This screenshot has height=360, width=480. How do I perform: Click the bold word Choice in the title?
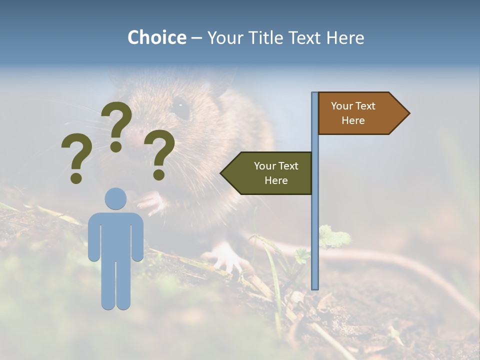coord(156,37)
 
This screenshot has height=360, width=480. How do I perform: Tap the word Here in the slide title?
coord(345,37)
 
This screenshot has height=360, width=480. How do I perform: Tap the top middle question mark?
coord(117,125)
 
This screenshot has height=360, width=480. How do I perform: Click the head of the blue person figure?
coord(116,198)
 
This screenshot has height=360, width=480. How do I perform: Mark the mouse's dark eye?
coord(180,107)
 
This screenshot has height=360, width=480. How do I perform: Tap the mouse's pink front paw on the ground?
coord(225,255)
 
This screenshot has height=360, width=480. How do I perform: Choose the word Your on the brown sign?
coord(342,106)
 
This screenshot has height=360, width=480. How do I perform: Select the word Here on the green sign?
coord(276,180)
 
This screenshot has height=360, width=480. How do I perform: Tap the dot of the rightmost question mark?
coord(159,174)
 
